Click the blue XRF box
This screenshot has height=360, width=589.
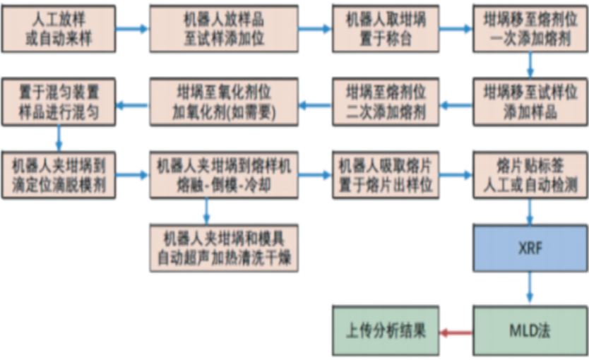(530, 249)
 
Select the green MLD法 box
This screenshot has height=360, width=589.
(530, 330)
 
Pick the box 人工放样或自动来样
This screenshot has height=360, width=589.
(59, 30)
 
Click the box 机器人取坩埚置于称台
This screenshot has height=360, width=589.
(386, 30)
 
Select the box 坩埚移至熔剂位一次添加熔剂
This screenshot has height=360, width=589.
(530, 30)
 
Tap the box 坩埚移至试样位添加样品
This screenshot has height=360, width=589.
(530, 102)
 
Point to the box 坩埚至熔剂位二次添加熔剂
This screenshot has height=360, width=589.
(386, 102)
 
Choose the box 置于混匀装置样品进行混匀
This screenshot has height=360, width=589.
(59, 102)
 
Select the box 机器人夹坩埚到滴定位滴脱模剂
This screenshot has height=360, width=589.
(59, 175)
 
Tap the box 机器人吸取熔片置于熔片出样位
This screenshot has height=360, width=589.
(386, 175)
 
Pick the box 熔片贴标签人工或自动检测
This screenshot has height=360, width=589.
(530, 175)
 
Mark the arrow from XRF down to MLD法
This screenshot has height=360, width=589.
(530, 289)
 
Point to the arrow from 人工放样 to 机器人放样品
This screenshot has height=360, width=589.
(132, 29)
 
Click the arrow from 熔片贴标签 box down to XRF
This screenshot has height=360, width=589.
(530, 211)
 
